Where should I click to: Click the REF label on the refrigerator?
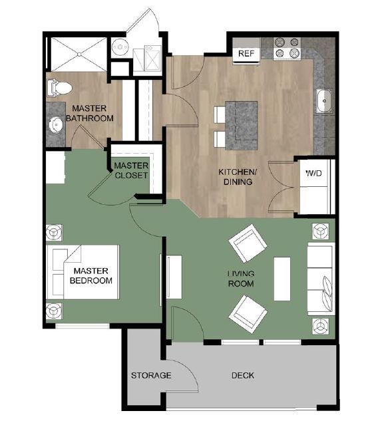point(246,53)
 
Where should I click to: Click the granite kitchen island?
point(242,124)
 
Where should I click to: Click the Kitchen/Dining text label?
point(235,177)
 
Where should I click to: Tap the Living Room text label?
point(241,279)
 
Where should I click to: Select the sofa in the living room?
point(320,279)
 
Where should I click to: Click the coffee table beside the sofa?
point(282,277)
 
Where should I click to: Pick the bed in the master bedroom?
point(83,272)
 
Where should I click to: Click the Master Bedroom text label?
point(91,276)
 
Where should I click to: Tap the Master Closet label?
point(131,170)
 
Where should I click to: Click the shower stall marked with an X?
point(79,53)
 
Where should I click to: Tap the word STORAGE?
point(151,376)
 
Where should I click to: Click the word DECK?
point(242,376)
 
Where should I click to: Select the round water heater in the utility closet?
point(120,46)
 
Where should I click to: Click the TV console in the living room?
point(174,277)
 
